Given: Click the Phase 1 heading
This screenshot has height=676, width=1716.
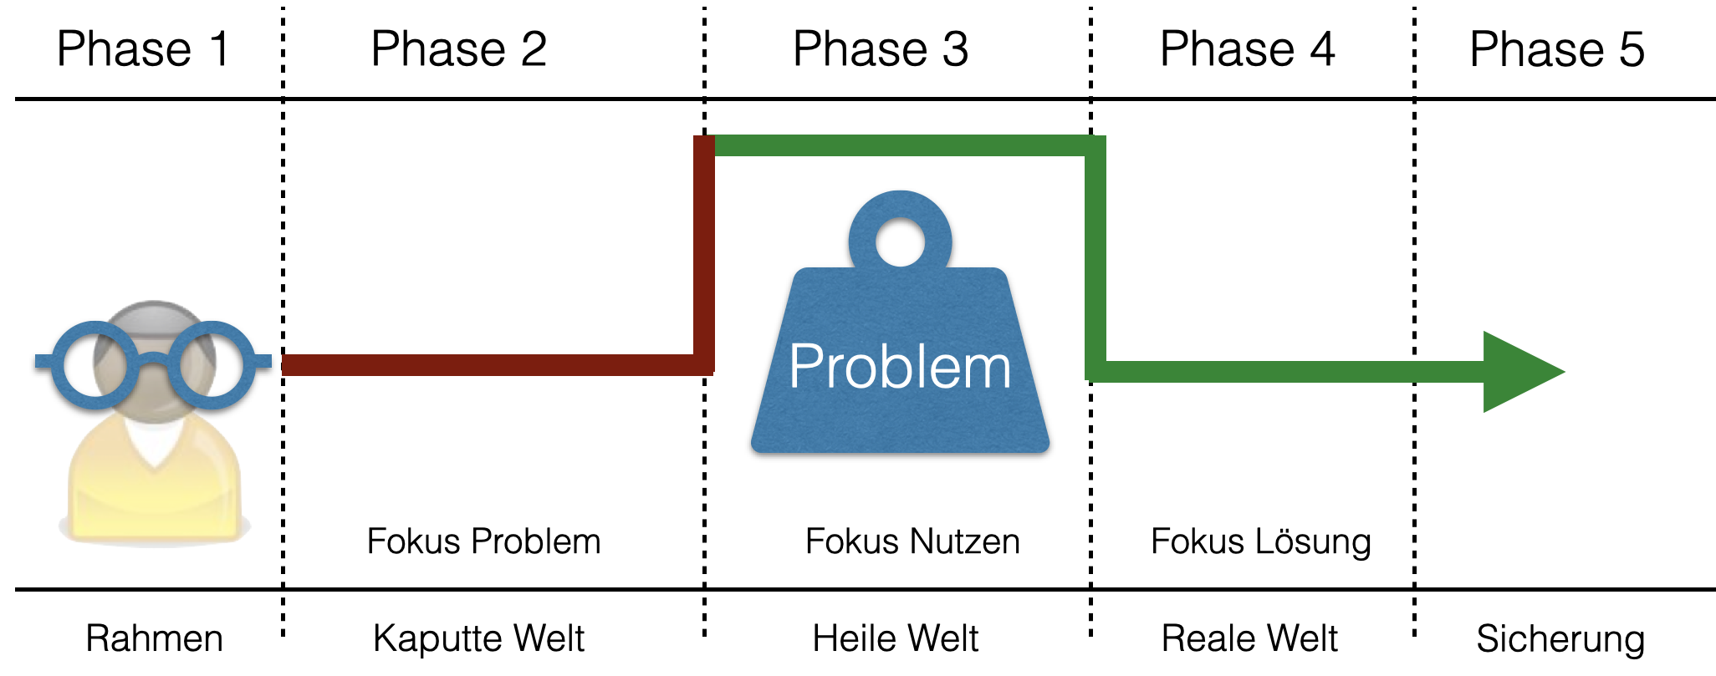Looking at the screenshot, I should pyautogui.click(x=143, y=49).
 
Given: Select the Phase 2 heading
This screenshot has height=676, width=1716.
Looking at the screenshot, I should pyautogui.click(x=458, y=49).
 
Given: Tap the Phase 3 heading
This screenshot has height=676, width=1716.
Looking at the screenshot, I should pyautogui.click(x=881, y=49).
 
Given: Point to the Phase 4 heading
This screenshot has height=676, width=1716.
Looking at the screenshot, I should pyautogui.click(x=1247, y=49).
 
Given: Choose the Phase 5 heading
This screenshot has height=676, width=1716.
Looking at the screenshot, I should pyautogui.click(x=1557, y=49).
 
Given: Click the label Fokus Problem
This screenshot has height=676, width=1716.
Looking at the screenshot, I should pyautogui.click(x=483, y=541).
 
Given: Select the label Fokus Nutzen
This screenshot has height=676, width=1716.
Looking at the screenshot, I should pyautogui.click(x=912, y=541).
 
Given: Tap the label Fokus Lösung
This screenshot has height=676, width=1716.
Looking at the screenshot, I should pyautogui.click(x=1260, y=541).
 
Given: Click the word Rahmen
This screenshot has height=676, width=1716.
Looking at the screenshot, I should pyautogui.click(x=154, y=638).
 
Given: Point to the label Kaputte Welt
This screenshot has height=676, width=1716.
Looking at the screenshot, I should pyautogui.click(x=478, y=638).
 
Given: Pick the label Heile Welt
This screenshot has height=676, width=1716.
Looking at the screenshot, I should pyautogui.click(x=895, y=638).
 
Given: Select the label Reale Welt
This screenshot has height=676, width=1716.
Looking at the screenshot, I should pyautogui.click(x=1249, y=638).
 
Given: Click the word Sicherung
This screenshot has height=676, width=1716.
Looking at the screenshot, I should pyautogui.click(x=1560, y=638).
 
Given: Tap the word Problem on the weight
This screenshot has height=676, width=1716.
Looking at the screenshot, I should pyautogui.click(x=900, y=367).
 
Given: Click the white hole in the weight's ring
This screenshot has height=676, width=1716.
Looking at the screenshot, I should pyautogui.click(x=900, y=242).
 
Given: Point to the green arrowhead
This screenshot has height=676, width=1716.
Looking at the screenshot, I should pyautogui.click(x=1515, y=372).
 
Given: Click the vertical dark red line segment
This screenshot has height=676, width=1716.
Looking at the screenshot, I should pyautogui.click(x=704, y=251).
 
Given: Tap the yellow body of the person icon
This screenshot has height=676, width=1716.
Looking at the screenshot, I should pyautogui.click(x=155, y=493).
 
